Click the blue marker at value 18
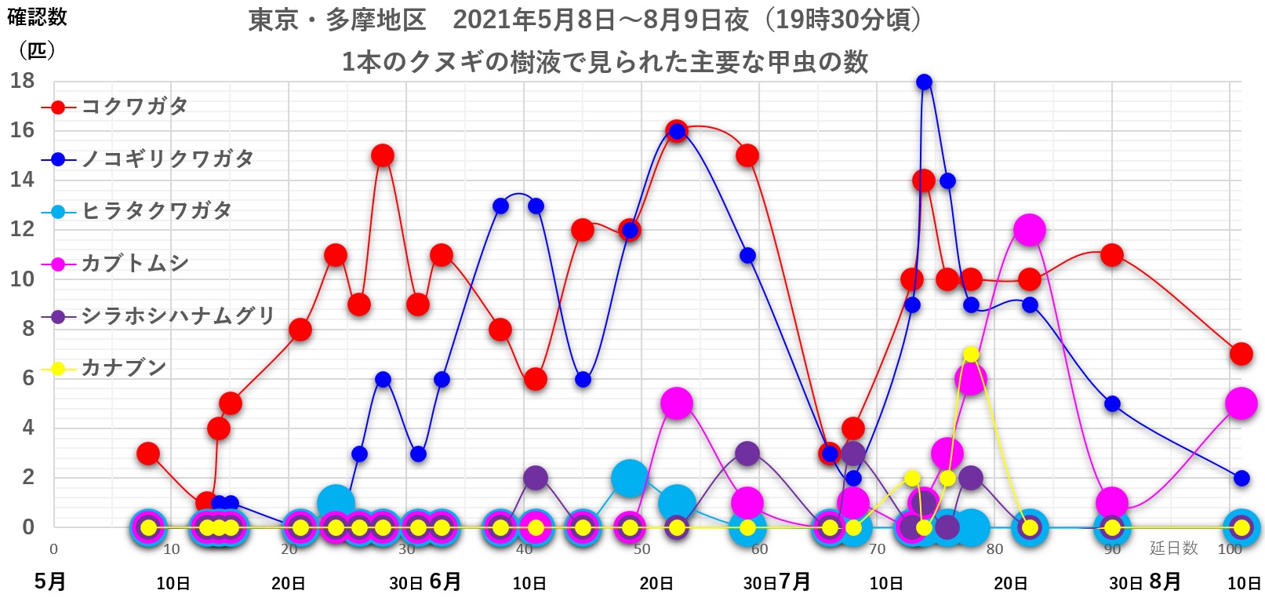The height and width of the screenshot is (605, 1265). (924, 82)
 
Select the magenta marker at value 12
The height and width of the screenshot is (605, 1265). (1029, 230)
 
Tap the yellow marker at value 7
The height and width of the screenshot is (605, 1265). (971, 354)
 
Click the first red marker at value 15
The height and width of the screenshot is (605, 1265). (382, 155)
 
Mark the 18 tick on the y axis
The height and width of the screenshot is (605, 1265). (22, 81)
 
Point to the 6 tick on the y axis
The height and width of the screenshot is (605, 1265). (27, 378)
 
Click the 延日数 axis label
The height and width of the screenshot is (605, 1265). (1173, 549)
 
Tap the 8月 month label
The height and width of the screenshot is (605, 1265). (1165, 581)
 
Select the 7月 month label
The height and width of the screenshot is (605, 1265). (794, 581)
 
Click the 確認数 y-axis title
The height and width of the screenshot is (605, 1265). (37, 17)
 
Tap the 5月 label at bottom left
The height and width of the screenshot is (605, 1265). (49, 581)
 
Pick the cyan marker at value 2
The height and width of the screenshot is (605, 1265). (629, 477)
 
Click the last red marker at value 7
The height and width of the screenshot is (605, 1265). (1241, 354)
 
